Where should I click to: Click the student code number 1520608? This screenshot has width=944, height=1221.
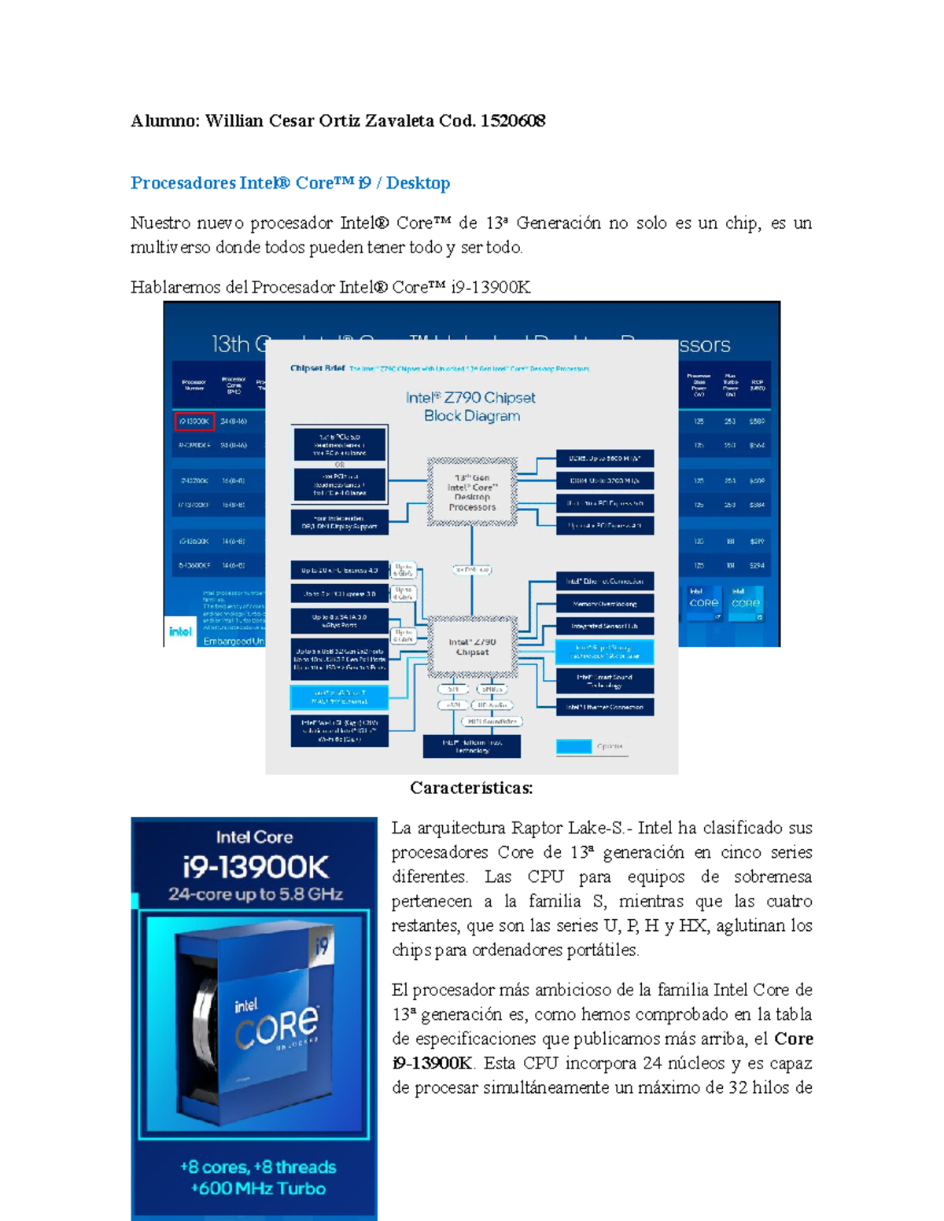pos(513,120)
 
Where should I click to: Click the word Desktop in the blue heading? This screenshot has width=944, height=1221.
pos(418,183)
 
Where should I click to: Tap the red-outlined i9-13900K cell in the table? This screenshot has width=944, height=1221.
pos(194,421)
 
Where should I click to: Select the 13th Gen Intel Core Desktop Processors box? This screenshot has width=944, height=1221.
pos(472,492)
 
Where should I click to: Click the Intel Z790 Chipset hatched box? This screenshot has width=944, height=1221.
pos(472,647)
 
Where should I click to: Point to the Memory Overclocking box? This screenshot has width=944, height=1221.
pos(604,604)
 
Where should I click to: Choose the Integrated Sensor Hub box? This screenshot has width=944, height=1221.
pos(604,627)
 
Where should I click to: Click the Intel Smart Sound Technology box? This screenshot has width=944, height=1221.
pos(604,681)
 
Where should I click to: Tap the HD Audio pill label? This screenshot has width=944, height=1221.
pos(493,705)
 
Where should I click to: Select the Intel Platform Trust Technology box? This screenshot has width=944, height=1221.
pos(471,746)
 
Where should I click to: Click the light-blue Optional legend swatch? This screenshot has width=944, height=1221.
pos(573,746)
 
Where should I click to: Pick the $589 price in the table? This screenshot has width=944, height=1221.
pos(756,421)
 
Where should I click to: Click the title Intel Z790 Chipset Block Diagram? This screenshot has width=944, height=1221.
pos(471,406)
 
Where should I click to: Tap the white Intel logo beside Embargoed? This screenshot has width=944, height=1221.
pos(180,631)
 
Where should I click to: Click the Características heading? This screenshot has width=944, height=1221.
pos(471,788)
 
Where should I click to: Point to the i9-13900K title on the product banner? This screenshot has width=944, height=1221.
pos(255,867)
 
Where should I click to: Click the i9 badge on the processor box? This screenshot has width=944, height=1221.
pos(321,946)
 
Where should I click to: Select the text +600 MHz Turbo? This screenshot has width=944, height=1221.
pos(258,1189)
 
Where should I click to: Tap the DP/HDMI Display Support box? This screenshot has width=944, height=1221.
pos(339,523)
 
